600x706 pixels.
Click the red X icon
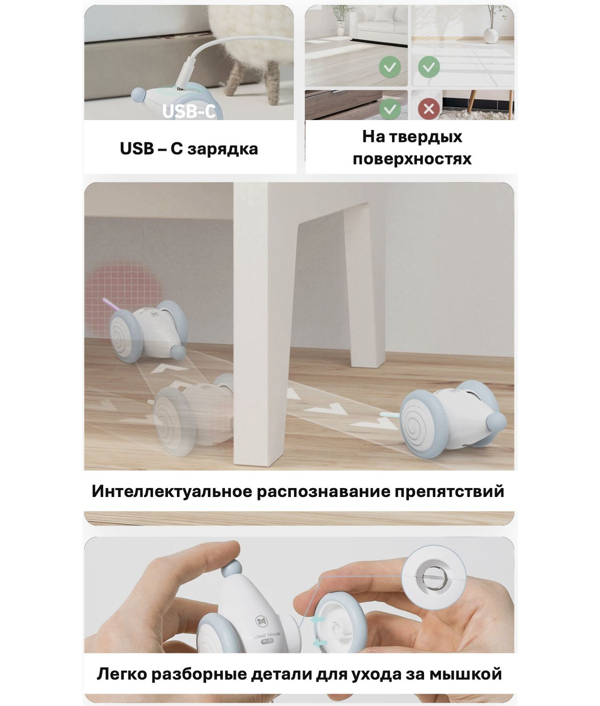point(429,109)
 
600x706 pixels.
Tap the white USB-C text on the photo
point(189,111)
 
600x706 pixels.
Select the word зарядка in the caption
point(222,149)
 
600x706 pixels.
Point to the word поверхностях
point(412,159)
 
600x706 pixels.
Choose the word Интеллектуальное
point(172,491)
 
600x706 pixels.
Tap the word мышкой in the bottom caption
point(465,674)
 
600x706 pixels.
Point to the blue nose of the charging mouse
point(138,94)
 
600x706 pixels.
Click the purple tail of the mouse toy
point(110,304)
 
